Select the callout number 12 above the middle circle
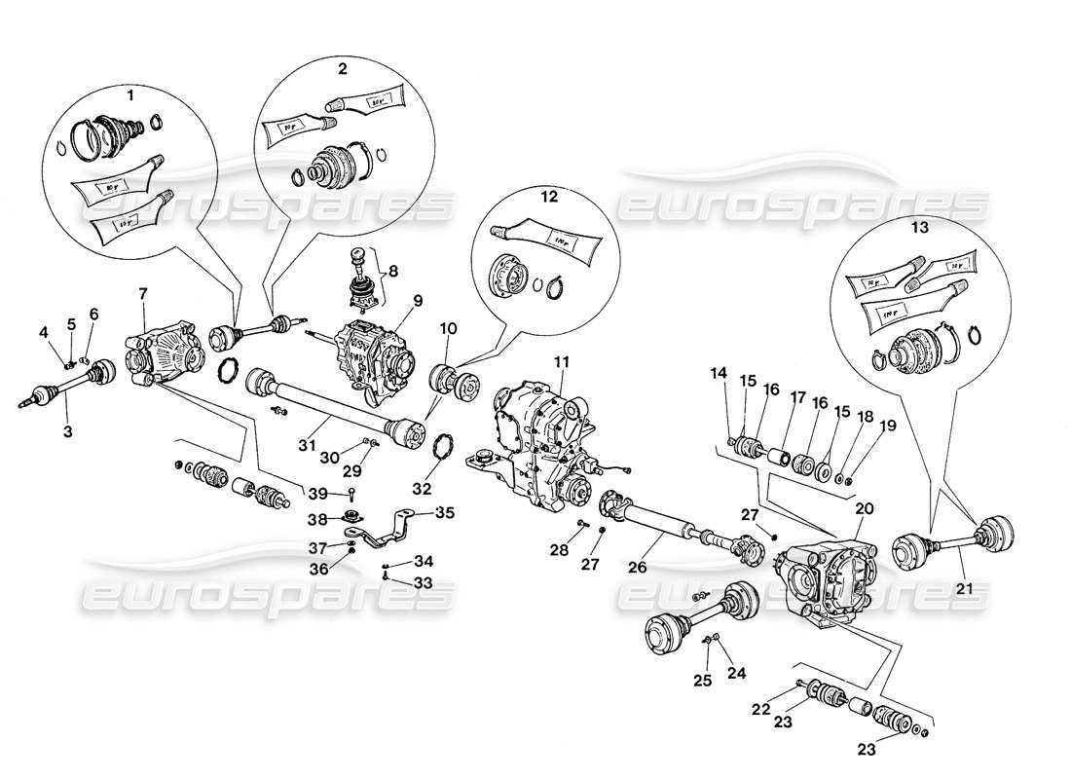pos(550,197)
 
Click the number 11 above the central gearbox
pos(561,361)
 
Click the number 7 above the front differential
pos(142,292)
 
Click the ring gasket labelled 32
pos(443,450)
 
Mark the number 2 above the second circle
pos(343,69)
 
